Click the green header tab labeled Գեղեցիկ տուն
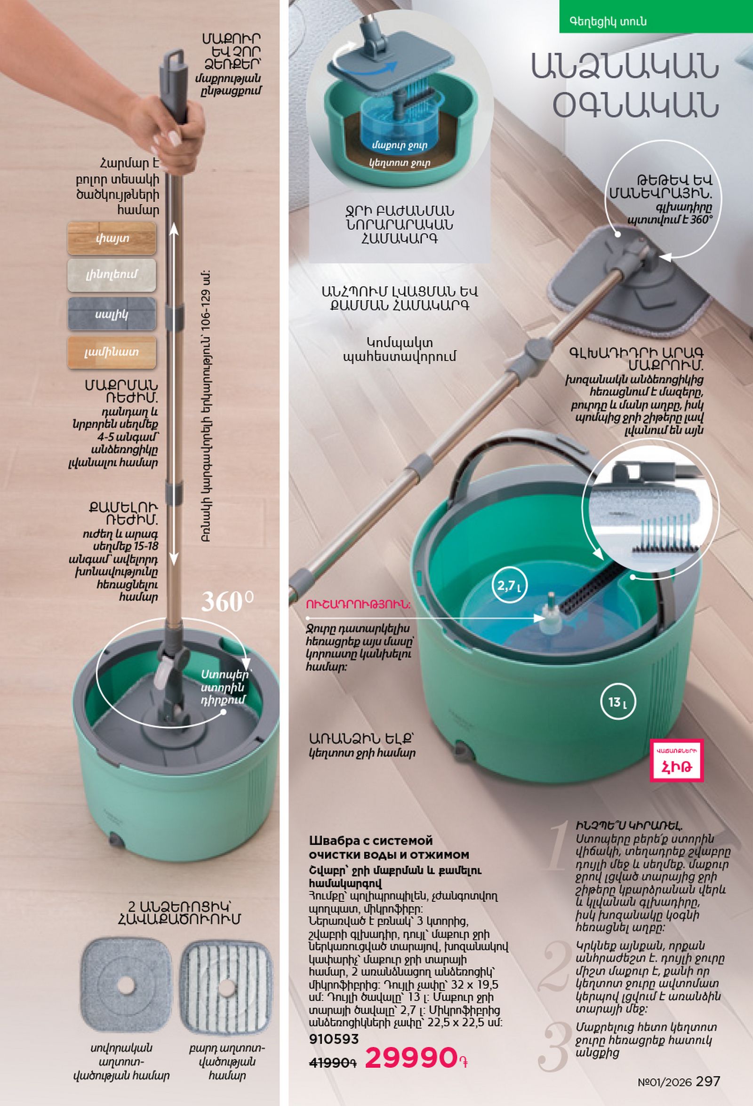656,16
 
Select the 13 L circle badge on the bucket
618,702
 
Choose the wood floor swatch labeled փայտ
112,238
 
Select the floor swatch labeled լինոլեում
112,275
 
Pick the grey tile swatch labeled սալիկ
112,314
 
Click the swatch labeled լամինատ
112,352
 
